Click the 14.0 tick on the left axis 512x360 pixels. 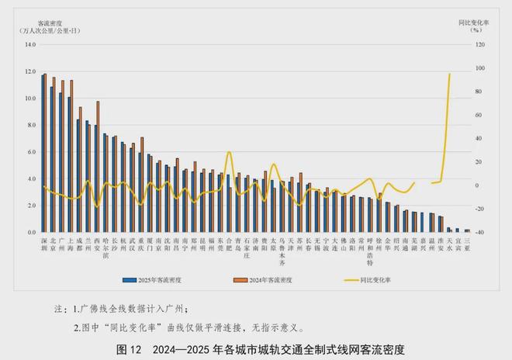coord(31,44)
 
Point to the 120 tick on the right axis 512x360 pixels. coord(479,44)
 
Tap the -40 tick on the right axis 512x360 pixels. coord(479,232)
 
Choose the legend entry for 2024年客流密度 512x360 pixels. coord(265,279)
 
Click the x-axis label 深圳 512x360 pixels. coord(44,246)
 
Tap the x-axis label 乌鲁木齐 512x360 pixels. coord(282,253)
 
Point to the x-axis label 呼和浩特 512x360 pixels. coord(370,253)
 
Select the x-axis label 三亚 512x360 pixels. coord(467,246)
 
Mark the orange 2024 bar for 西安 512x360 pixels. coord(98,166)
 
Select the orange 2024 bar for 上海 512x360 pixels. coord(71,155)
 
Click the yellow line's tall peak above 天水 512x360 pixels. coord(450,74)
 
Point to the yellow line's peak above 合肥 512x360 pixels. coord(229,153)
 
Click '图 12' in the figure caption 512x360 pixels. coord(129,348)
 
